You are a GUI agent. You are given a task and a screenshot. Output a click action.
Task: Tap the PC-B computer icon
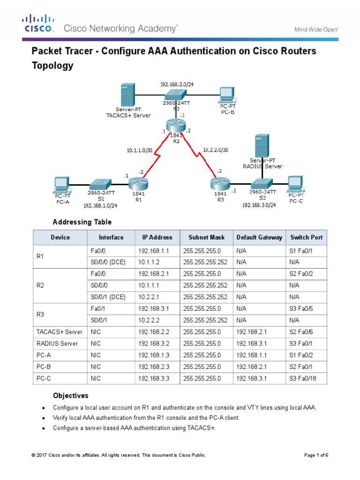click(226, 95)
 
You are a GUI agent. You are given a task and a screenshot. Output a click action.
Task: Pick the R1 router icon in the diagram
click(138, 182)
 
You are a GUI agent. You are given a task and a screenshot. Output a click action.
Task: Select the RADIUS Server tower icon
click(262, 146)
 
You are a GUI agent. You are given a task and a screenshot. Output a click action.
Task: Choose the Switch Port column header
click(306, 237)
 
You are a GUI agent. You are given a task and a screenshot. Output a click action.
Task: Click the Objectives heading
click(70, 396)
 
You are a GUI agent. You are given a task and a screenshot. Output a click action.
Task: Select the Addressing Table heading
click(82, 222)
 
